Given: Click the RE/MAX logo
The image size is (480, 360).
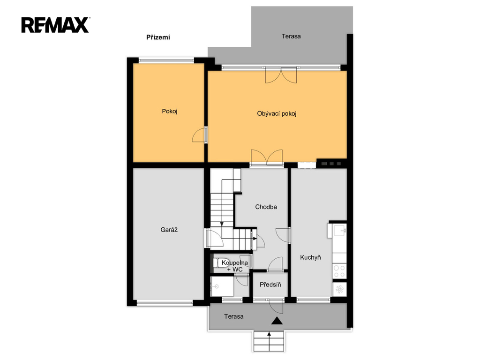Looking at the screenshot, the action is coord(55,25).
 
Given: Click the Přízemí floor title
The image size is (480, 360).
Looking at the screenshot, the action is coord(158,37).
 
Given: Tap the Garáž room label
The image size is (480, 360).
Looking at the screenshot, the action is coord(169,230).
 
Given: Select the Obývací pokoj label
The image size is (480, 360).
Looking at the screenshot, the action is coord(277,114).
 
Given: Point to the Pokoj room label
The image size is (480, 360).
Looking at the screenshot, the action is coord(170,111).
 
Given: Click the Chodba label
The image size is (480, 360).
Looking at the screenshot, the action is coord(266,207).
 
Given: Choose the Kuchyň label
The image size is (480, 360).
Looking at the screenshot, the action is coord(310,257).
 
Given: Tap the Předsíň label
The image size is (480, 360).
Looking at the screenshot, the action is coord(270,285).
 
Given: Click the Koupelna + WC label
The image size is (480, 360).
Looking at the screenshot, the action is coord(235,266).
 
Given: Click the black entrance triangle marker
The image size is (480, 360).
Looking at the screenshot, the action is coord(277,321).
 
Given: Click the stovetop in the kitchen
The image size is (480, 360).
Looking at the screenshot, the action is coord(339,271).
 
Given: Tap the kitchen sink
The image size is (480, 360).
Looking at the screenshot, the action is coord(340,230).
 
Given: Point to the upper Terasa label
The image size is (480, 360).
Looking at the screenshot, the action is coord(291,37).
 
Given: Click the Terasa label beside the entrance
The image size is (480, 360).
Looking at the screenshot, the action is coord(233,316).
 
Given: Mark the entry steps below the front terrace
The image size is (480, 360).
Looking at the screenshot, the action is coord(270,341).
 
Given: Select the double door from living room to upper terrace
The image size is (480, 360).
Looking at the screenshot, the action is coord(281,75).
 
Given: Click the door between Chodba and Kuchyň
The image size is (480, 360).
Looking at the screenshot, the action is coord(283,235).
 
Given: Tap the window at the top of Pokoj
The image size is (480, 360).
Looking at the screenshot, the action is coord(166,60).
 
